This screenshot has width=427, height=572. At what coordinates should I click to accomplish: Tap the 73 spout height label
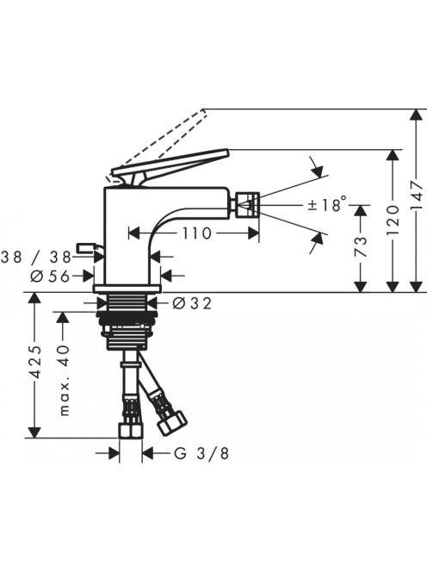pyautogui.click(x=361, y=246)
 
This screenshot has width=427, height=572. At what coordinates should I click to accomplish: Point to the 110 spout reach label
pyautogui.click(x=196, y=233)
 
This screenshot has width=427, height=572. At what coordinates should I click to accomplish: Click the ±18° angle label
pyautogui.click(x=326, y=204)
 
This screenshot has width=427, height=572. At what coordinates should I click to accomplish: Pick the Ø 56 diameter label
pyautogui.click(x=50, y=277)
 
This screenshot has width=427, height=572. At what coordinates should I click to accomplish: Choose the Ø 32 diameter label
pyautogui.click(x=192, y=302)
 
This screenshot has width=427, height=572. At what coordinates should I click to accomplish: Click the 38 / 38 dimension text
pyautogui.click(x=36, y=258)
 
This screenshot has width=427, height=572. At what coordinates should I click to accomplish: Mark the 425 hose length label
pyautogui.click(x=35, y=362)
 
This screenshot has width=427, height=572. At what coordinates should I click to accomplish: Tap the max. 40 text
pyautogui.click(x=64, y=380)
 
